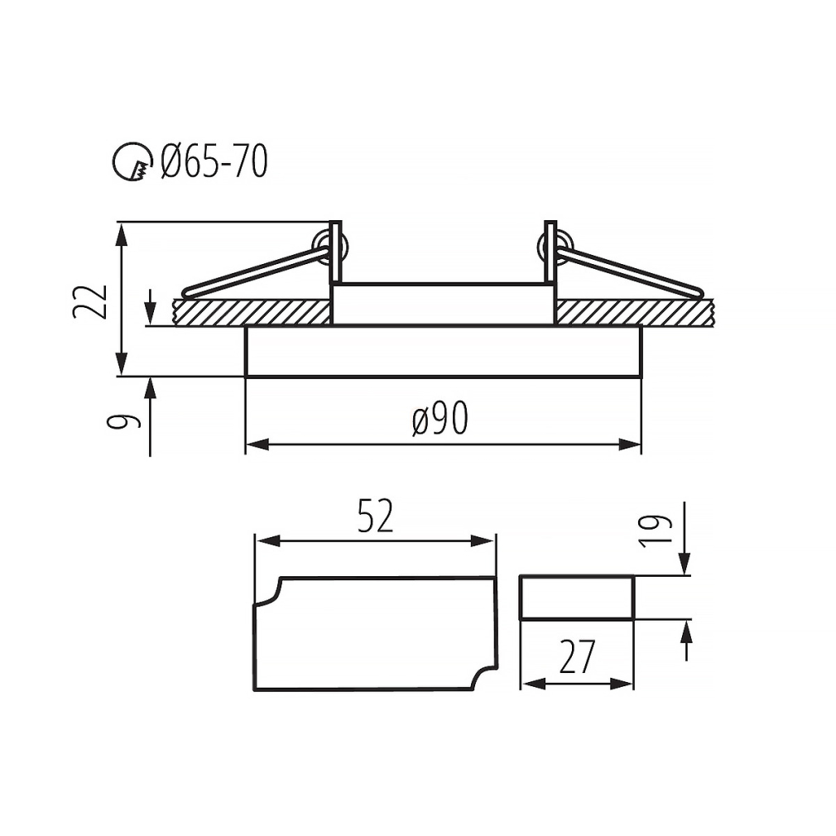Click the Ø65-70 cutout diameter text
coord(214,161)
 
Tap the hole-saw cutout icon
coord(132,161)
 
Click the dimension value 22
coord(89,302)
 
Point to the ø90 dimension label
coord(440,418)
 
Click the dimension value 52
coord(375,516)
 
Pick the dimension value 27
coord(576,657)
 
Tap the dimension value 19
coord(655,531)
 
